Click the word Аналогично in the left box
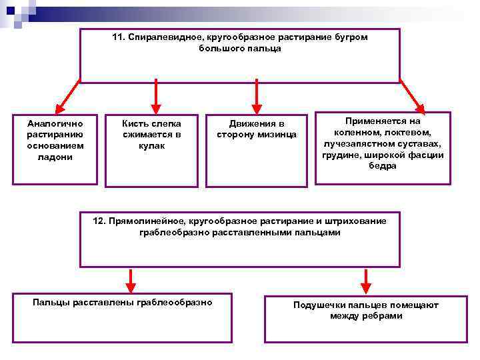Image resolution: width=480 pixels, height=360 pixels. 55,123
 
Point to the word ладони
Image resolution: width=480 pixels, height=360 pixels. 55,157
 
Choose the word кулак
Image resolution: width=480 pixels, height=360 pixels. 152,146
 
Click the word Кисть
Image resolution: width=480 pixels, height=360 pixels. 136,123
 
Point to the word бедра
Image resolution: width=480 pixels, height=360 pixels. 382,166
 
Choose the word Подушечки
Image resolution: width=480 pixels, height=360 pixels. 317,305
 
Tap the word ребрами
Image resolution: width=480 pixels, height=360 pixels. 382,315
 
